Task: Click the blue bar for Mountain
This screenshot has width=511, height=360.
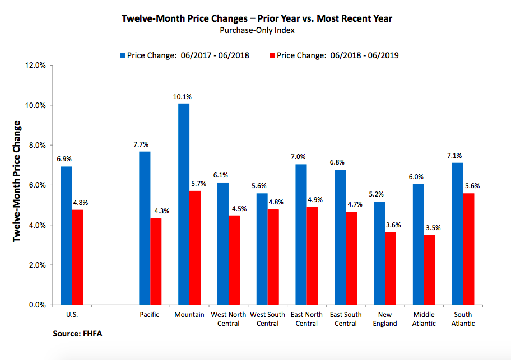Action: (184, 204)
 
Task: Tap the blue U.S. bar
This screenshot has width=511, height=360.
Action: (67, 235)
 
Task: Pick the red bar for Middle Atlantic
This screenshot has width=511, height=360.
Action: (429, 270)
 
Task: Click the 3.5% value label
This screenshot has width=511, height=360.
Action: (432, 228)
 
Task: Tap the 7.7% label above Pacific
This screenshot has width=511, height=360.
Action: (143, 145)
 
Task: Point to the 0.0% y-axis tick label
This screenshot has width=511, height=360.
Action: (38, 305)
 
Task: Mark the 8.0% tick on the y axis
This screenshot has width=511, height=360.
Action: (38, 146)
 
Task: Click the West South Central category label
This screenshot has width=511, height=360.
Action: (265, 319)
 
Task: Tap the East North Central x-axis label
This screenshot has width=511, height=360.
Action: (306, 319)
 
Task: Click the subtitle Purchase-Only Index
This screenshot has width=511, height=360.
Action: (257, 30)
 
